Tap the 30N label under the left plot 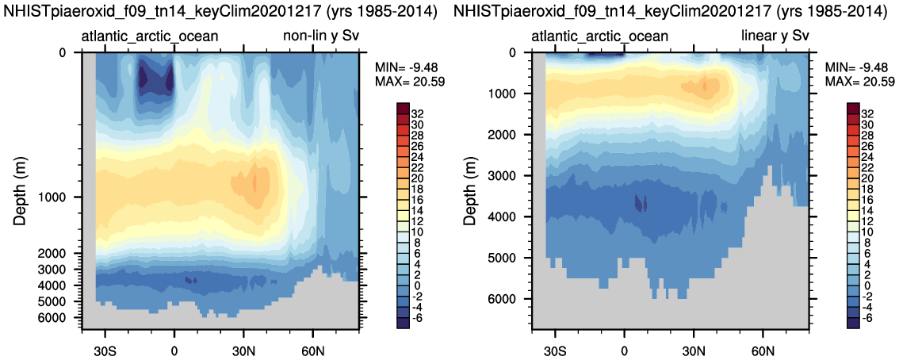pos(243,350)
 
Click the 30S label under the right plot pos(556,350)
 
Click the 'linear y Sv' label pos(775,36)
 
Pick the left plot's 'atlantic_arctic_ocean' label pos(150,36)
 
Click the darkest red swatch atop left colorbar pos(402,108)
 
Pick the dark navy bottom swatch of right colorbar pos(853,322)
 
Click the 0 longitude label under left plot pos(174,350)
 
